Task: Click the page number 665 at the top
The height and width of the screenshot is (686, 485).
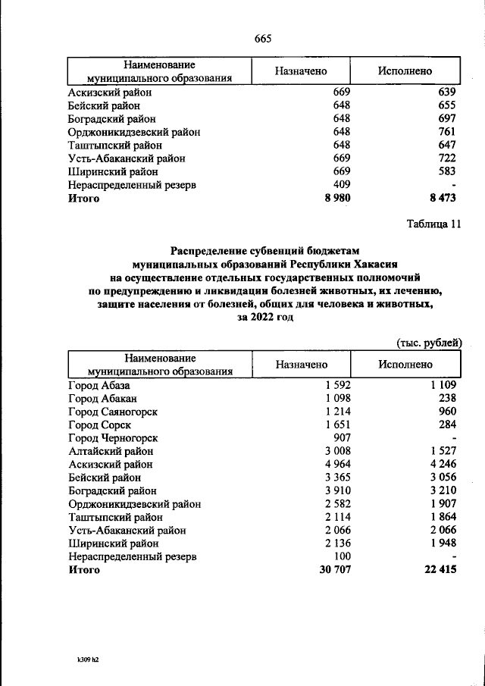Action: click(x=263, y=39)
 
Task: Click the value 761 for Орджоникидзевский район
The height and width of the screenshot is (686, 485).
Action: click(x=446, y=132)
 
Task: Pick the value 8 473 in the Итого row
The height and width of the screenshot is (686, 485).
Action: click(x=441, y=199)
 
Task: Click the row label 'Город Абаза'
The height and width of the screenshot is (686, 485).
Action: click(x=99, y=385)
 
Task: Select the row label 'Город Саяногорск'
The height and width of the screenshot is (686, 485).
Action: click(x=113, y=412)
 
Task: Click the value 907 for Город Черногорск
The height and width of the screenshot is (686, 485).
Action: click(x=342, y=438)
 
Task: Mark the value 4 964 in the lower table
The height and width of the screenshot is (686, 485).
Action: click(x=337, y=464)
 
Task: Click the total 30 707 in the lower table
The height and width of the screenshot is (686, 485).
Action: click(x=334, y=570)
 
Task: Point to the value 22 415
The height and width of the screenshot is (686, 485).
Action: click(x=440, y=570)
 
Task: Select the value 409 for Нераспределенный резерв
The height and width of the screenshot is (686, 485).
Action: click(x=342, y=184)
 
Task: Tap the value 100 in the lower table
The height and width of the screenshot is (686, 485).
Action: click(x=342, y=556)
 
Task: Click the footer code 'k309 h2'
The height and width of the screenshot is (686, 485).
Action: click(x=83, y=660)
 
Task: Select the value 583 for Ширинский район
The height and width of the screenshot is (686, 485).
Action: click(x=446, y=171)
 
